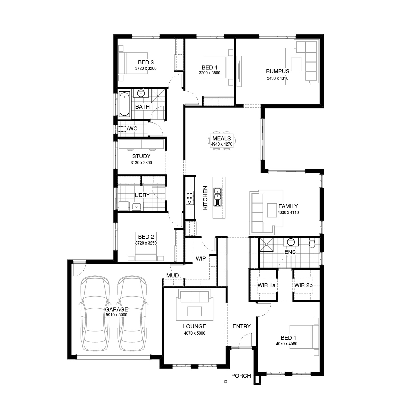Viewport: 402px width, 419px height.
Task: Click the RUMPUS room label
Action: coord(277,71)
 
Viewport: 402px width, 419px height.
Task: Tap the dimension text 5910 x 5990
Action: coord(116,315)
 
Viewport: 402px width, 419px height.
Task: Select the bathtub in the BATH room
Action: coord(125,104)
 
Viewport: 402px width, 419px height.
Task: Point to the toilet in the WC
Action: coord(122,129)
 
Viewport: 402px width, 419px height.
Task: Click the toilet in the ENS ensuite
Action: coord(312,243)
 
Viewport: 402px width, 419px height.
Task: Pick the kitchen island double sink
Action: coord(217,196)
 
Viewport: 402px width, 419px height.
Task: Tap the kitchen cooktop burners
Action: coord(190,198)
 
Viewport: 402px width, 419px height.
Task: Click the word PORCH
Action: coord(241,376)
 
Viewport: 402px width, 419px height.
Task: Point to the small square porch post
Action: coord(226,382)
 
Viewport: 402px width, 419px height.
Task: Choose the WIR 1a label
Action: coord(266,285)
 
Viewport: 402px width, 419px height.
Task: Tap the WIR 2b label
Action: coord(303,285)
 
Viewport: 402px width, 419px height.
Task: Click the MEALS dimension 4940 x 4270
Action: coord(221,144)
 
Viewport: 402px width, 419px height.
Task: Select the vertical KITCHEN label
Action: coord(205,198)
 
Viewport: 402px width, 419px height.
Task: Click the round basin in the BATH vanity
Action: coord(141,93)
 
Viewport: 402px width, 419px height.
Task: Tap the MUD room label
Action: coord(173,276)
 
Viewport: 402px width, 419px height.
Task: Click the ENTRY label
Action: coord(241,326)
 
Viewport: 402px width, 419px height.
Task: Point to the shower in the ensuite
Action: coord(266,245)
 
